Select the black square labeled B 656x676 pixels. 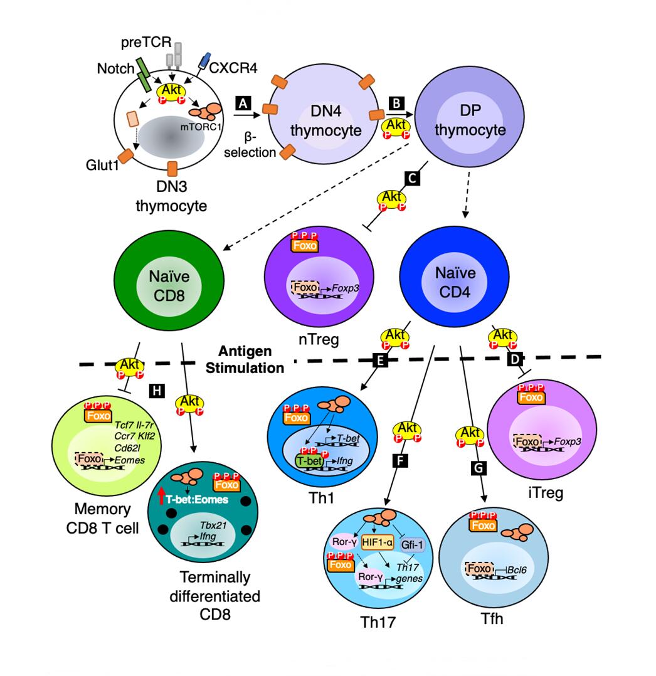(396, 102)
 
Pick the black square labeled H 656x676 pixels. (157, 391)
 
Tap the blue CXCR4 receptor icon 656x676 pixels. (203, 61)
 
